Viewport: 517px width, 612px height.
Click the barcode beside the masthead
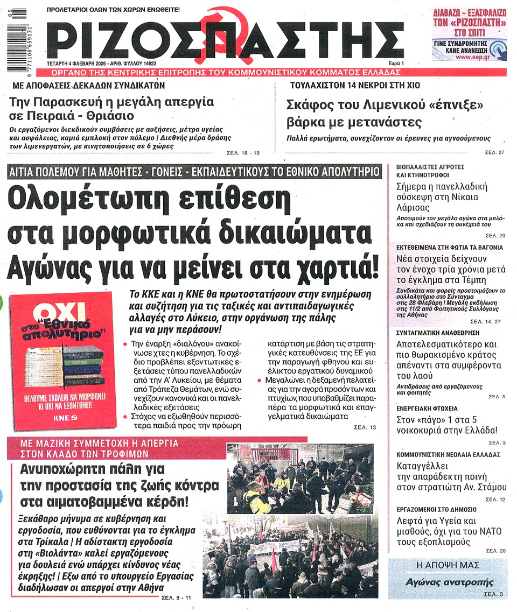(23, 41)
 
